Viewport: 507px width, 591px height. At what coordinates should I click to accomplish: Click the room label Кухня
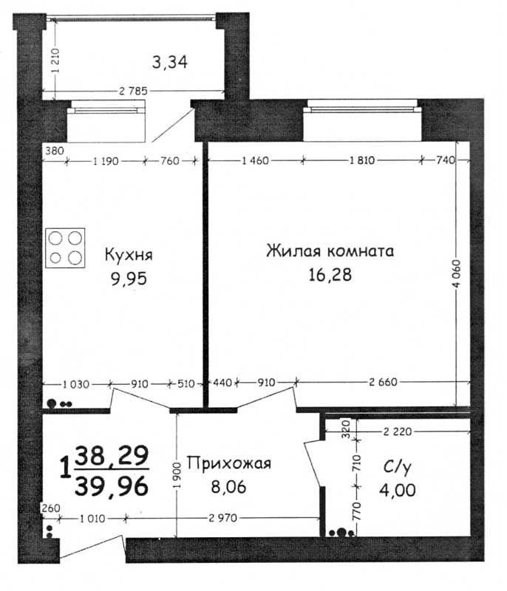pos(129,255)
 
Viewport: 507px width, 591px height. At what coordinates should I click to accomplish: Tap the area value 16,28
pos(330,275)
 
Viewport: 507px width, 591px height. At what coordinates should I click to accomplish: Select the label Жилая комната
pos(330,250)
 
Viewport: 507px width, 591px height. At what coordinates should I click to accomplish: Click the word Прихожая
pos(229,463)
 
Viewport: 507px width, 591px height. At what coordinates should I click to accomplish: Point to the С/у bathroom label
pos(398,468)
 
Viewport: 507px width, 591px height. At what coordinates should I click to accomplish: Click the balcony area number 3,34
pos(170,62)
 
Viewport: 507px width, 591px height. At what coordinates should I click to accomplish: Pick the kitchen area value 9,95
pos(129,279)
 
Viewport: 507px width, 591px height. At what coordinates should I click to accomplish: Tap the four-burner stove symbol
pos(65,248)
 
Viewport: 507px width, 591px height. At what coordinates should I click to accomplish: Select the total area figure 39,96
pos(112,486)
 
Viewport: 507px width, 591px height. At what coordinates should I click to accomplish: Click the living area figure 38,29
pos(112,456)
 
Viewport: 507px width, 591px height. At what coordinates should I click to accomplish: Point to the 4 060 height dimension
pos(456,274)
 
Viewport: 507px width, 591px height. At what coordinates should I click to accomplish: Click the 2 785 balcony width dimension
pos(133,91)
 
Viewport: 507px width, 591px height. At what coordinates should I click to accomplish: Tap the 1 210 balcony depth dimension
pos(55,61)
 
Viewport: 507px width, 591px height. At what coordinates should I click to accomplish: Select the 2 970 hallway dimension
pos(223,518)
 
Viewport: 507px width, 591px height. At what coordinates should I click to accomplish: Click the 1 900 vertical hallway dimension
pos(177,476)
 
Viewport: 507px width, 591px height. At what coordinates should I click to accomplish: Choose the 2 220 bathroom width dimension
pos(398,431)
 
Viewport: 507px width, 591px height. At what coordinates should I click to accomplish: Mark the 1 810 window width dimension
pos(362,160)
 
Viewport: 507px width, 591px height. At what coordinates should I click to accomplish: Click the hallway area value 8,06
pos(228,487)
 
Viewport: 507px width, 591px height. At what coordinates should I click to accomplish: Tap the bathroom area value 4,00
pos(398,491)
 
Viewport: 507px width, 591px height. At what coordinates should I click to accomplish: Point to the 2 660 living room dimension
pos(383,382)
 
